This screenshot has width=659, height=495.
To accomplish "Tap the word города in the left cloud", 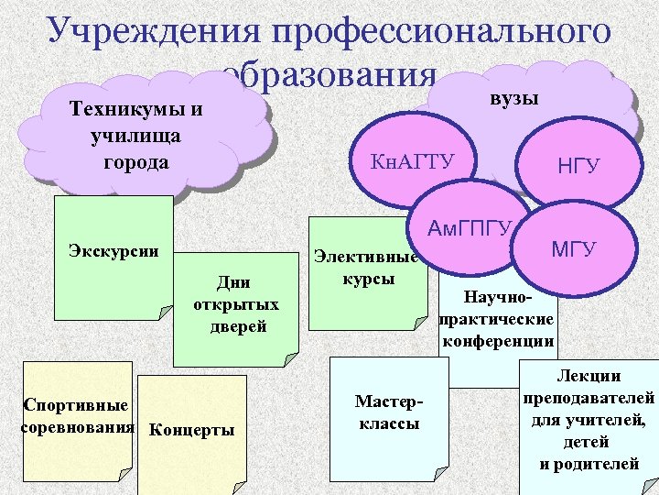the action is click(137, 161).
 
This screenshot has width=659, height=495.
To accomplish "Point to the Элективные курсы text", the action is click(366, 268).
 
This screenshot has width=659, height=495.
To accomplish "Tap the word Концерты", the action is click(191, 430).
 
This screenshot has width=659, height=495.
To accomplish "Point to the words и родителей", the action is click(589, 464).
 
